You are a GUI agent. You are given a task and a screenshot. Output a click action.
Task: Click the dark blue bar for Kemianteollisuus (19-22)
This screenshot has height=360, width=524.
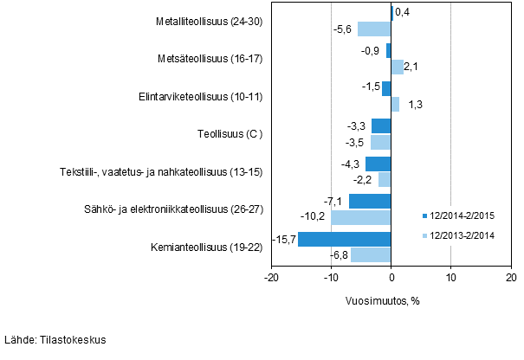[345, 239]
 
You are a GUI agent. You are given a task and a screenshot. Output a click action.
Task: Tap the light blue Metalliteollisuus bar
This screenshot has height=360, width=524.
[374, 29]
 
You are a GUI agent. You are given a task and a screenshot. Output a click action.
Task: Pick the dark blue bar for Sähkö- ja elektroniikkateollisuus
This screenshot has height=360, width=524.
[370, 202]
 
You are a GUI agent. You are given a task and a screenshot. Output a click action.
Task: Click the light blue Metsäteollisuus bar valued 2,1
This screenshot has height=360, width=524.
[398, 67]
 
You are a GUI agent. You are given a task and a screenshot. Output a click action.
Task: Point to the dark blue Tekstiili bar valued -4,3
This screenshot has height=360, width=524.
[378, 164]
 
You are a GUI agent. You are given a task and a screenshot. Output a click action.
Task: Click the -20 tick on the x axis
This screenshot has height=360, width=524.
[271, 278]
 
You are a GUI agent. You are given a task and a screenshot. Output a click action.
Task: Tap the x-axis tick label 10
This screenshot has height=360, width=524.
[450, 278]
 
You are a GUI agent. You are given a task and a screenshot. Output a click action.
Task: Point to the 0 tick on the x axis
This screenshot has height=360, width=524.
[391, 278]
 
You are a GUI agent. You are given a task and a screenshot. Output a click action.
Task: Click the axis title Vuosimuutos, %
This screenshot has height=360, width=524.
[391, 302]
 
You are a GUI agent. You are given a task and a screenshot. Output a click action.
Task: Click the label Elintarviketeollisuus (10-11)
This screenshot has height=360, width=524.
[201, 96]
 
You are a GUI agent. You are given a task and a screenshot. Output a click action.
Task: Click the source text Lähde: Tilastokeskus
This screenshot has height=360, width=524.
[55, 340]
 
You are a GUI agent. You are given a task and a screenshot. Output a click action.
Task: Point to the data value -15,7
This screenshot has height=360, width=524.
[283, 240]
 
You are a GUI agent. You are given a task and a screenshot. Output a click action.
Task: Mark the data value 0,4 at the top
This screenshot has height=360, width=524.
[402, 12]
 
